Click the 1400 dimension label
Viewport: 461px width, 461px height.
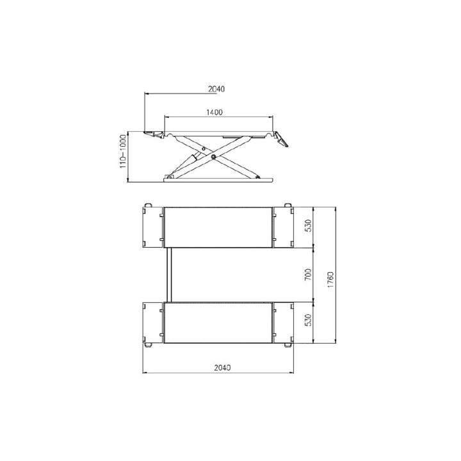[214, 112]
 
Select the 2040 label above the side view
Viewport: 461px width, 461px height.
[216, 89]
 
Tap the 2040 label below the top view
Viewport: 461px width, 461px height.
[223, 368]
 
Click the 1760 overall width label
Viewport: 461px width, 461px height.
[330, 280]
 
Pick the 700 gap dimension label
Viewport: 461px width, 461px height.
[308, 274]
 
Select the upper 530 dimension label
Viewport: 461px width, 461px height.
[308, 226]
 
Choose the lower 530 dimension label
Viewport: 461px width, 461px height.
[308, 321]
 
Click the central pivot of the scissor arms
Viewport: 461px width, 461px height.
[213, 156]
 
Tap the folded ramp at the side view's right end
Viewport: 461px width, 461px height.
[281, 139]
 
